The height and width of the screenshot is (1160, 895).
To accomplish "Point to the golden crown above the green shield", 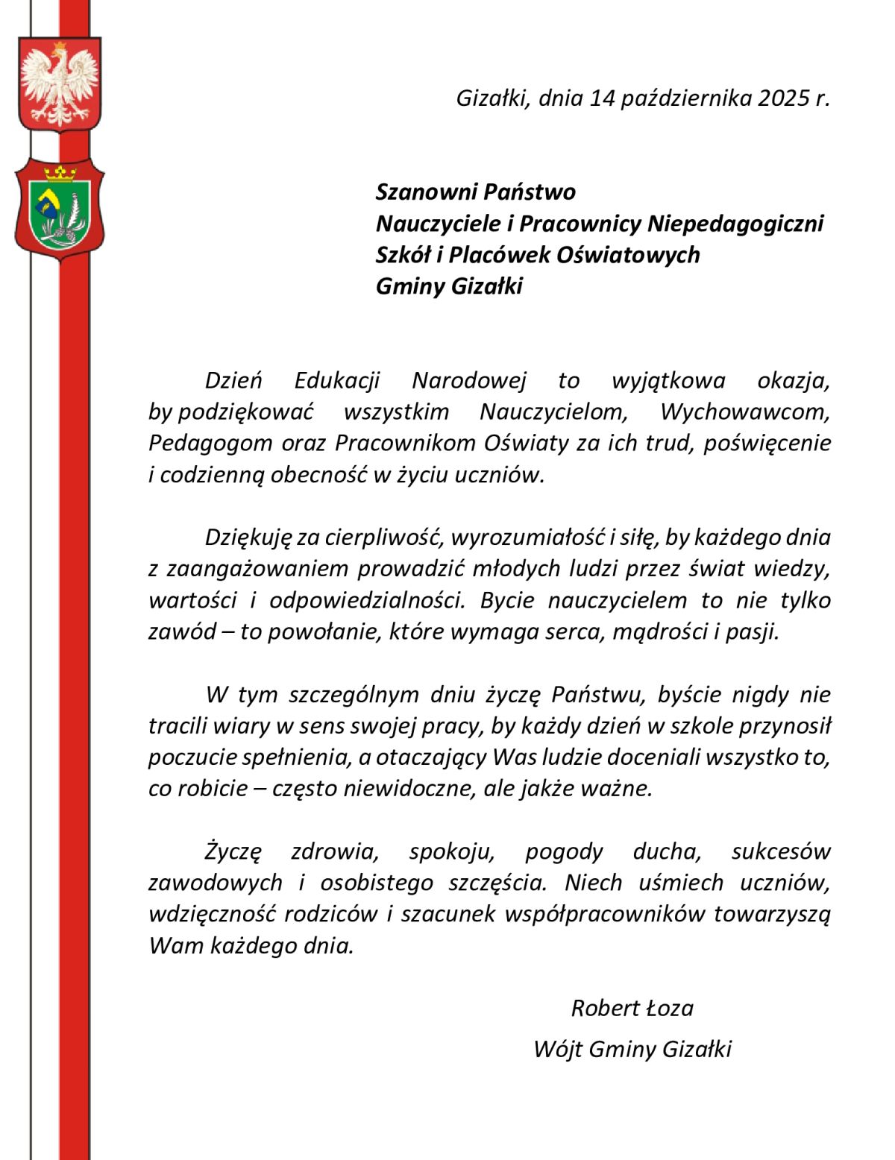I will tap(60, 174).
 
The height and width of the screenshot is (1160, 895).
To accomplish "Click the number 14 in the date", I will tap(601, 98).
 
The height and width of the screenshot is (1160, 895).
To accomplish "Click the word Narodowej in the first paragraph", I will tap(469, 381).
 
